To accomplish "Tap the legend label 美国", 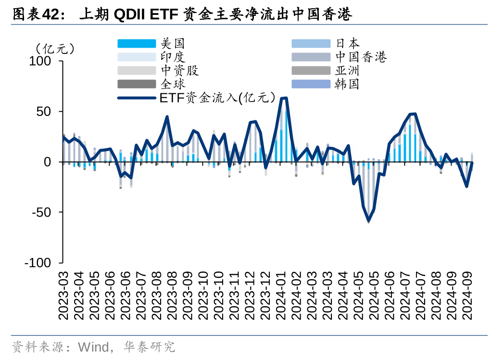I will click(173, 44).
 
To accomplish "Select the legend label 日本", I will click(347, 44).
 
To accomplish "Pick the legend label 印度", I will click(173, 57).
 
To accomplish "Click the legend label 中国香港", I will click(361, 57).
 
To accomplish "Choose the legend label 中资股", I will click(179, 71).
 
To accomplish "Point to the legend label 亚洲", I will click(347, 71).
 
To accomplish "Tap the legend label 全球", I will click(173, 84).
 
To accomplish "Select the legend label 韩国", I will click(347, 84).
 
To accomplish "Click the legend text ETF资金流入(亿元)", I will click(219, 98).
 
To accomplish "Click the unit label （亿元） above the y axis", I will click(54, 49).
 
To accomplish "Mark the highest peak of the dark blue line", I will click(284, 98).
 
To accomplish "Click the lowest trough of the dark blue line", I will click(368, 221).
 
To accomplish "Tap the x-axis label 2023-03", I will click(64, 295).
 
